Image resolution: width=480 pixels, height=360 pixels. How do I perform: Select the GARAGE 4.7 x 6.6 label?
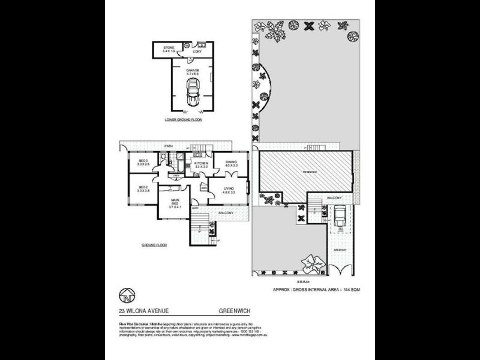point(193,72)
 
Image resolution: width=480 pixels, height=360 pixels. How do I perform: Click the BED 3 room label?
point(144,163)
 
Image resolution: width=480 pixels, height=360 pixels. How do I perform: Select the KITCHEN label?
point(200,165)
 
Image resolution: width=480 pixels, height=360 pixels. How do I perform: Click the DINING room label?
point(231,163)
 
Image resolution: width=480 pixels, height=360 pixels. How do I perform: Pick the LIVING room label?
point(228,191)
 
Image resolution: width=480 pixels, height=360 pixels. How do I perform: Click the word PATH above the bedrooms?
point(170,145)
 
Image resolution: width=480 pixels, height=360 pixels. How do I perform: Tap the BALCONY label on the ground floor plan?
point(226,213)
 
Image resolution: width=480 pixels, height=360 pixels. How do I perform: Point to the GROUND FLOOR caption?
point(154,246)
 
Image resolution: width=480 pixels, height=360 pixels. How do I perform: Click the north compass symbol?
point(126,295)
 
